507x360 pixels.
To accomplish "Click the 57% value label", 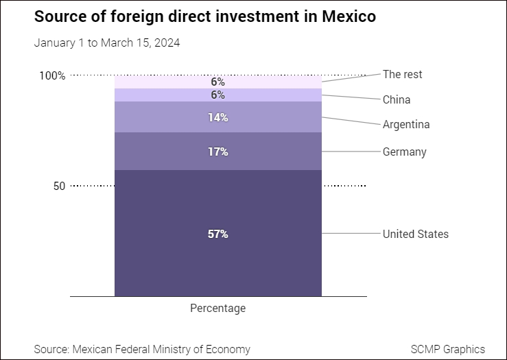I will (x=217, y=234).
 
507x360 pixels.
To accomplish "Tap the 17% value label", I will (x=217, y=152).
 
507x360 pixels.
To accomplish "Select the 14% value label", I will (x=217, y=117).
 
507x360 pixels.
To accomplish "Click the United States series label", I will (x=415, y=234).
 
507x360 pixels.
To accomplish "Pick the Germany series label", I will (x=404, y=152).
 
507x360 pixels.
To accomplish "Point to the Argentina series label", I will (x=406, y=125).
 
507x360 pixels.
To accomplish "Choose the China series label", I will (x=397, y=99).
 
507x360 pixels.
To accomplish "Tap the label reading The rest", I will (x=402, y=74).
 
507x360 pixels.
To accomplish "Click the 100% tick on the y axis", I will (x=53, y=75).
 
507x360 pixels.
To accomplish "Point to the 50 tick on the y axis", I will (x=59, y=186).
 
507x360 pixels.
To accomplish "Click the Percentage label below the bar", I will (x=217, y=309).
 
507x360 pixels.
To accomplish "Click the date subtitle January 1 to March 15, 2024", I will (x=107, y=43).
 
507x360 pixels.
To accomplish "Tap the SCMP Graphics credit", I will (x=447, y=349).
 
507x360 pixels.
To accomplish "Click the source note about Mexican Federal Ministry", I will (x=142, y=349).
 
